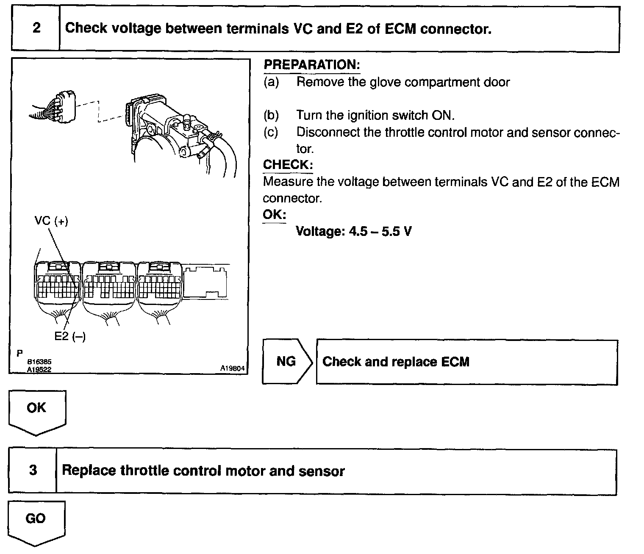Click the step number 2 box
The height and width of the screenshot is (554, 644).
(x=36, y=28)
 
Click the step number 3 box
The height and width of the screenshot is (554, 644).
(x=33, y=471)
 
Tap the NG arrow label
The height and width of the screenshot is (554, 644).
(x=286, y=361)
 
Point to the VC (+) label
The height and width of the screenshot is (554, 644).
(x=51, y=221)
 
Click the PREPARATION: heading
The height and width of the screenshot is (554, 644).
(x=311, y=65)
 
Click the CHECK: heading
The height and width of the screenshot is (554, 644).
(x=288, y=165)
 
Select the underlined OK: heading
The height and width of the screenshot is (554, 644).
(x=274, y=214)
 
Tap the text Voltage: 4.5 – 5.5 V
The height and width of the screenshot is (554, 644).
(x=354, y=231)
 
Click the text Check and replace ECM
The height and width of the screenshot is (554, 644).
(x=396, y=362)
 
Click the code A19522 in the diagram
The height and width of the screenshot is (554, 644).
(x=39, y=369)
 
